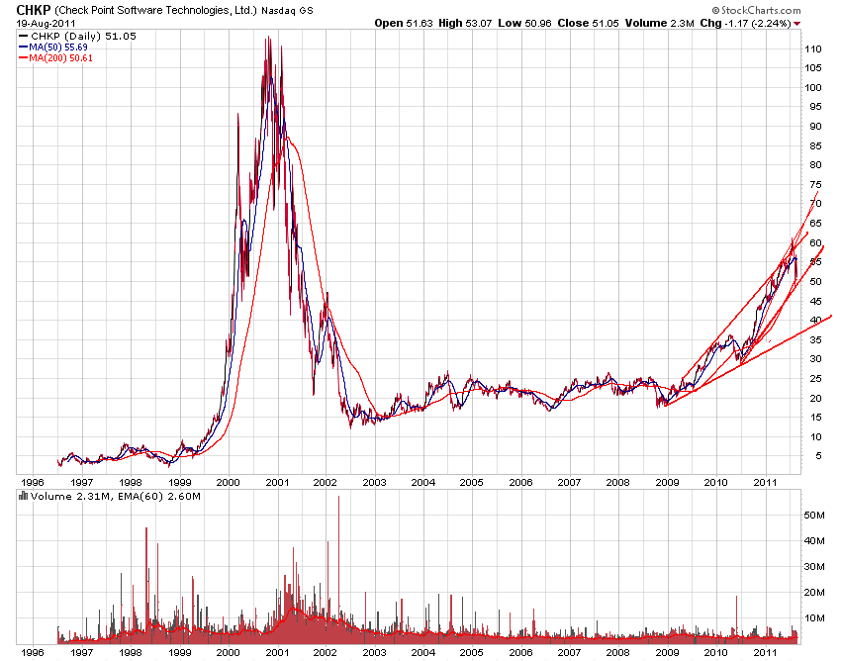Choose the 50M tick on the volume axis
[x=815, y=516]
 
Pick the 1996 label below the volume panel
[x=33, y=652]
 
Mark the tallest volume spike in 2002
[x=338, y=497]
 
